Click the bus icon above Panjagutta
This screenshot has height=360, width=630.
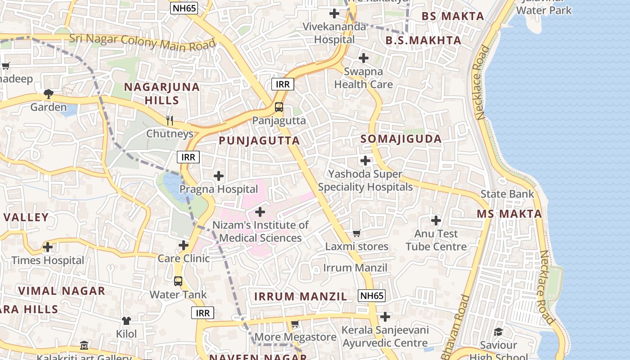279,107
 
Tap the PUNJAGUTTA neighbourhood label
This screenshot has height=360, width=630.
259,141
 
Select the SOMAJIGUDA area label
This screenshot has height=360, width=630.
401,139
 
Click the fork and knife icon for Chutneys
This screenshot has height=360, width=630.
170,120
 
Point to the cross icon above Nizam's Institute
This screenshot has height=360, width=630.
260,212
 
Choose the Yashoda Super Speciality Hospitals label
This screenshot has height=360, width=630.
365,180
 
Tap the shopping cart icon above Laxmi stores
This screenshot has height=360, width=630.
357,233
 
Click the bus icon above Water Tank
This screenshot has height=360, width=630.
178,281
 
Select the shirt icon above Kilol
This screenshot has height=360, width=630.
126,321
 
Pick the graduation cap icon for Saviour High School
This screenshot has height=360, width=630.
498,332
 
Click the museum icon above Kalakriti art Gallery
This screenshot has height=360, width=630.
84,346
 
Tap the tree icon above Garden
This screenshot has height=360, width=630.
49,94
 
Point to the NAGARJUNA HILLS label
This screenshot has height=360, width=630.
162,94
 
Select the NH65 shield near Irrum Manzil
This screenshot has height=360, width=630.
372,296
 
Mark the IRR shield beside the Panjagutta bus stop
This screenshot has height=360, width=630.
283,84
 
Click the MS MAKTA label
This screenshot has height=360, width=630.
509,214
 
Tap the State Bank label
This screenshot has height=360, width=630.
507,194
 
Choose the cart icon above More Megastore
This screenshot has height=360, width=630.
295,324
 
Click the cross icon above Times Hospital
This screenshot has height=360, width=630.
48,247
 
